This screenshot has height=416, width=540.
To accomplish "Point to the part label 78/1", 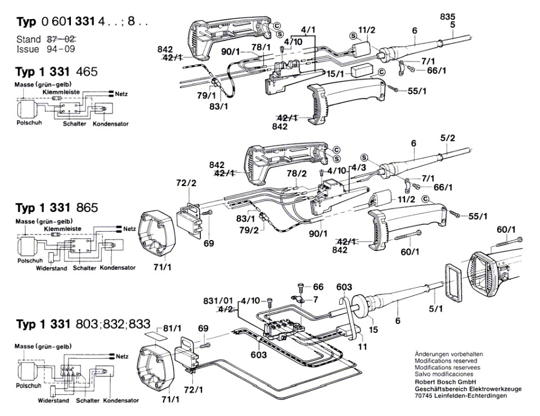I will (x=261, y=47).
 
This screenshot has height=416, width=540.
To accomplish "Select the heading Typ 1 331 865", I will (x=57, y=207).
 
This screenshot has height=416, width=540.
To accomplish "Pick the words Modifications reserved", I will (x=445, y=360).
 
